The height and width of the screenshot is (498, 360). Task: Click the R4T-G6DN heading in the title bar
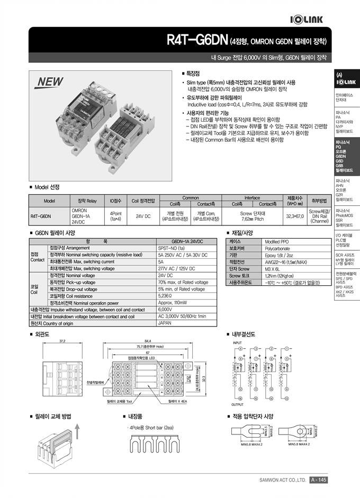click(x=197, y=40)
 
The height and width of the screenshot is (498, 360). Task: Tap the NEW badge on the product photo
click(x=50, y=82)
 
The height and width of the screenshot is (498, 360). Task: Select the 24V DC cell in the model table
click(x=143, y=216)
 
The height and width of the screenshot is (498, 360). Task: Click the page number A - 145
click(x=319, y=480)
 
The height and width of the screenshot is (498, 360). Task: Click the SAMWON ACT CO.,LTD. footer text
click(x=283, y=481)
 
